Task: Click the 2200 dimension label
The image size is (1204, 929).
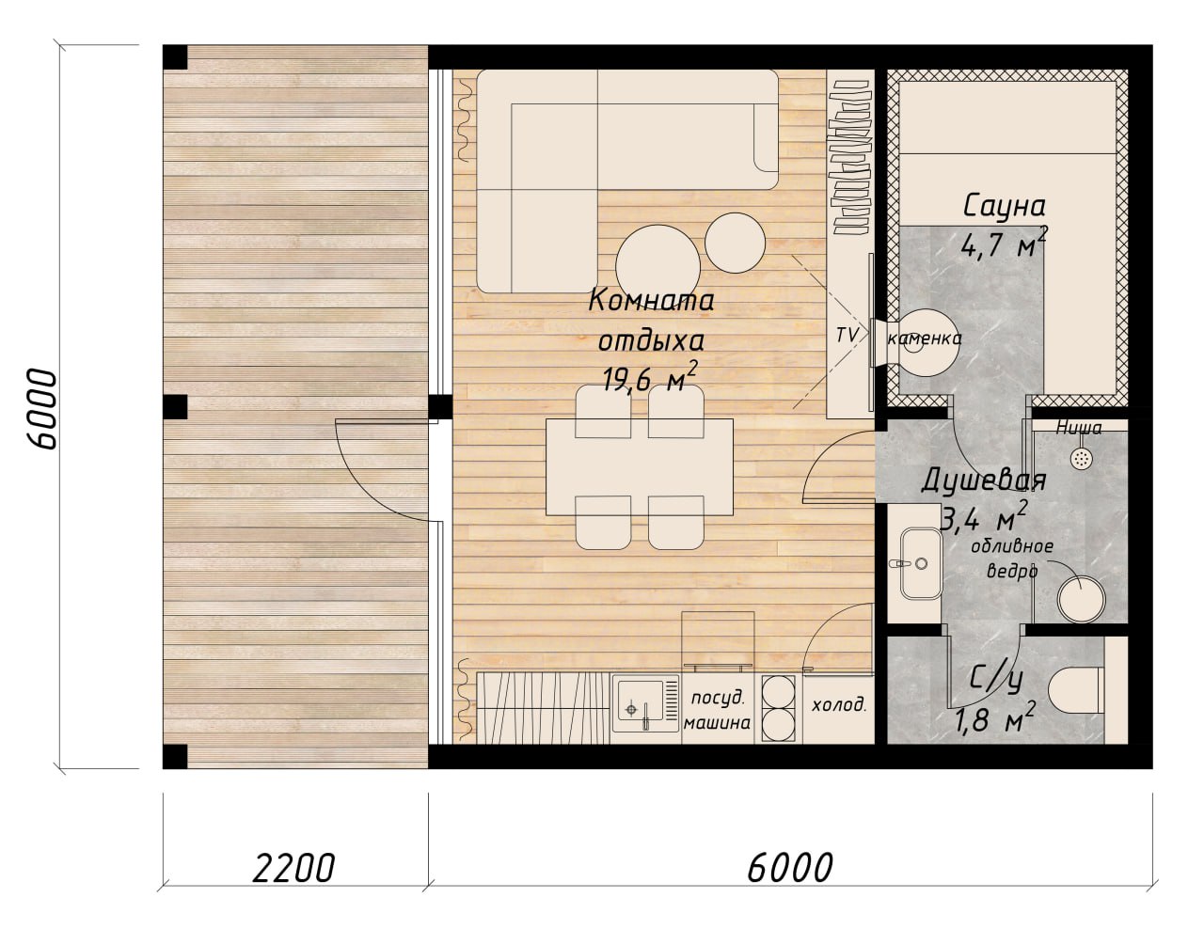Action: pyautogui.click(x=293, y=868)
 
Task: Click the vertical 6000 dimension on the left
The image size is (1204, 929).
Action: pyautogui.click(x=42, y=410)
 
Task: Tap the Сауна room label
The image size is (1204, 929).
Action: pyautogui.click(x=1004, y=206)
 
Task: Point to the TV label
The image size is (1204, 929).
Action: pyautogui.click(x=846, y=335)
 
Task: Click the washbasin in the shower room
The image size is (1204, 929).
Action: pyautogui.click(x=920, y=563)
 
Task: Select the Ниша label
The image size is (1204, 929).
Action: pyautogui.click(x=1078, y=428)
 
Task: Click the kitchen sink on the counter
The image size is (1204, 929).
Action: pyautogui.click(x=645, y=702)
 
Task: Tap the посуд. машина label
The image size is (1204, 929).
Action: pyautogui.click(x=717, y=710)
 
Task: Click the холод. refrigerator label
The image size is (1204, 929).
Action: pyautogui.click(x=839, y=705)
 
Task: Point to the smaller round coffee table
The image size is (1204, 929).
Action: pyautogui.click(x=735, y=243)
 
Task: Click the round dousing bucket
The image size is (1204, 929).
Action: pyautogui.click(x=1081, y=600)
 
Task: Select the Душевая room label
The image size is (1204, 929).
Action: pyautogui.click(x=984, y=480)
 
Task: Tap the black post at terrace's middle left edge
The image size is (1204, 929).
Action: pyautogui.click(x=175, y=407)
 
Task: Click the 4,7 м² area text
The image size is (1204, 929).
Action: pyautogui.click(x=1004, y=244)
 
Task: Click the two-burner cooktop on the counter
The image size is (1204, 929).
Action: pyautogui.click(x=782, y=708)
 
